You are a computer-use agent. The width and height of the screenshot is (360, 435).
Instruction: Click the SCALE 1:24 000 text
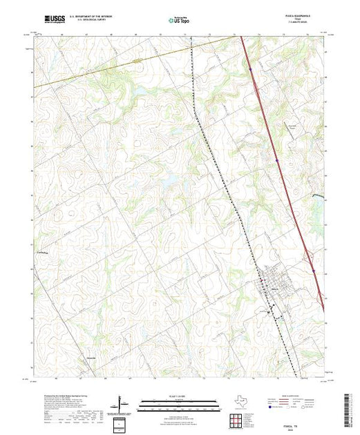[x=180, y=398]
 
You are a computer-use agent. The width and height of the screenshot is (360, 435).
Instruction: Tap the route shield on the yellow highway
[x=138, y=61]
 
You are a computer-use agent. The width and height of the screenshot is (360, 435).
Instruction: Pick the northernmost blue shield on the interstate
[x=249, y=68]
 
